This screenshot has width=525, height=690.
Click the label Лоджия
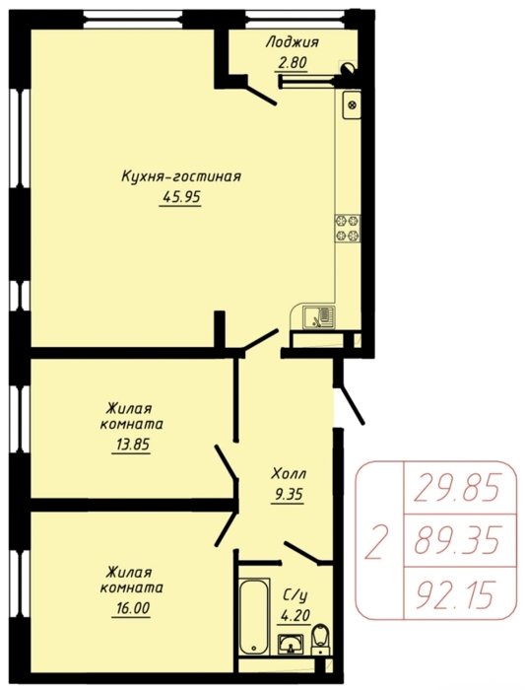292,43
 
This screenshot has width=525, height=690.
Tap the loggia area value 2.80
292,63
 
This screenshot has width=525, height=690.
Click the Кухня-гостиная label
181,176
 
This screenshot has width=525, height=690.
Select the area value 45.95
181,197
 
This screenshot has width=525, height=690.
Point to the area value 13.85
132,445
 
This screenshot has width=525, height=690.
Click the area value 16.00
132,608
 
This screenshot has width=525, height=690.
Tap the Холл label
289,474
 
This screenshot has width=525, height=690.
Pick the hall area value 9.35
288,495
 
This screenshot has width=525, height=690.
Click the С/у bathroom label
295,595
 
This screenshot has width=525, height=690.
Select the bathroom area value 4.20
295,615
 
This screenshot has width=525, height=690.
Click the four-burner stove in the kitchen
348,228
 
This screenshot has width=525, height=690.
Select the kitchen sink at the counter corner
319,317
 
